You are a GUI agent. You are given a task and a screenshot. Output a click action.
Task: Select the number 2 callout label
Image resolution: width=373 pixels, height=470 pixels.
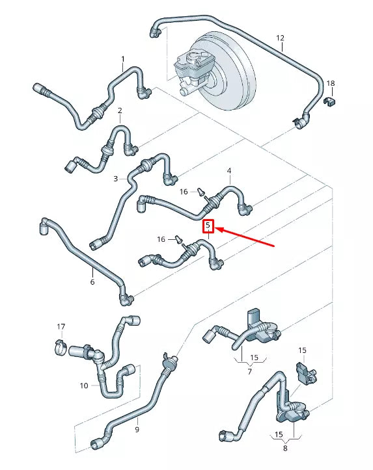[120, 111]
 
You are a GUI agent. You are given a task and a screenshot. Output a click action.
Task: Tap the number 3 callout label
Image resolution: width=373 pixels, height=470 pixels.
[115, 178]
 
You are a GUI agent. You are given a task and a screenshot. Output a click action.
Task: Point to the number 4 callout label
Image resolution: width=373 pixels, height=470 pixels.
[229, 171]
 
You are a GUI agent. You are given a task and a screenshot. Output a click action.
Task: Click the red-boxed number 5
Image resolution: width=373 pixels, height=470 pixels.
[208, 226]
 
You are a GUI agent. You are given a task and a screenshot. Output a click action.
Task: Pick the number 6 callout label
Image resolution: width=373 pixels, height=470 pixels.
[92, 281]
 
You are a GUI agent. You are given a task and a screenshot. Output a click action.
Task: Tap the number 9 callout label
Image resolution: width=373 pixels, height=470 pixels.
[137, 430]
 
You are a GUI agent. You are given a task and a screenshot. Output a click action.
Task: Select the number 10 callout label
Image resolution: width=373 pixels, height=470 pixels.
[84, 385]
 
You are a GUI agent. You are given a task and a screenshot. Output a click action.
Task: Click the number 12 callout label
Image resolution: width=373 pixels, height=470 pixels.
[281, 38]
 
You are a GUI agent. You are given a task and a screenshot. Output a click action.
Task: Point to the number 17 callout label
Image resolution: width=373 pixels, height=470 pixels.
[61, 326]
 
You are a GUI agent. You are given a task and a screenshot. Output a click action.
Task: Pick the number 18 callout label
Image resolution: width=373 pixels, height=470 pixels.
[331, 83]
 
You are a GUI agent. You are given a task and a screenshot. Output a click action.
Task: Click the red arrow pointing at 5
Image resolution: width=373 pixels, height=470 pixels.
[247, 237]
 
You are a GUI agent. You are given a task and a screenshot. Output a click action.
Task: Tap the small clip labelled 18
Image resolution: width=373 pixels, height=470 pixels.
[330, 101]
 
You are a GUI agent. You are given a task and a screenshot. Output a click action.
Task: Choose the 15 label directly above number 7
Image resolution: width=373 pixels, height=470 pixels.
[254, 358]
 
